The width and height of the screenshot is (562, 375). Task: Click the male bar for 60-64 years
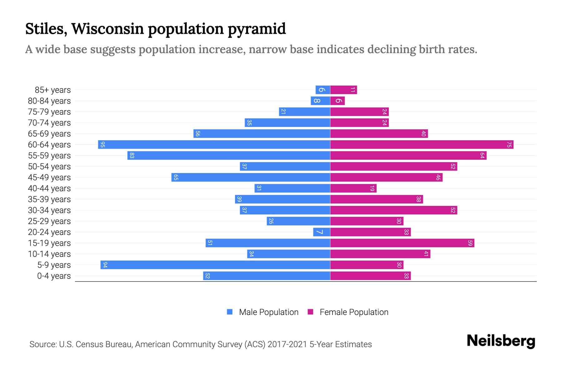click(214, 145)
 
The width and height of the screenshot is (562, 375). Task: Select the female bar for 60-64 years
click(421, 145)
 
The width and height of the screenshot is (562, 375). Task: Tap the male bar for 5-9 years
click(215, 265)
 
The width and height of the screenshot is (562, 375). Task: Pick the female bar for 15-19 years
click(402, 243)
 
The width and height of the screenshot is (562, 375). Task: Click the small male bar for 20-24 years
click(322, 232)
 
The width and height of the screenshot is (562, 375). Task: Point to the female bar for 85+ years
click(343, 90)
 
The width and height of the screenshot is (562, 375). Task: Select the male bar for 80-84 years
click(320, 101)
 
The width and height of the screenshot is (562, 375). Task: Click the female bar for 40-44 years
click(353, 188)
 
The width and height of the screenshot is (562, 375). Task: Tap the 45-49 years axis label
click(49, 177)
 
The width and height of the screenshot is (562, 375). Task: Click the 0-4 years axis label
click(54, 276)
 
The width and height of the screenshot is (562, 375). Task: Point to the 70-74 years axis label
click(49, 123)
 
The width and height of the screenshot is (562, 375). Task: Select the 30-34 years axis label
click(49, 210)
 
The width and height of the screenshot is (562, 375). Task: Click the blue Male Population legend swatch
click(230, 312)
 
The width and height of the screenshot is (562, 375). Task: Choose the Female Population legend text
click(354, 312)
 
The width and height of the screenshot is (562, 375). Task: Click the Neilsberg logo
click(501, 341)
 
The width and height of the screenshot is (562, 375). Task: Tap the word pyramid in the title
click(256, 29)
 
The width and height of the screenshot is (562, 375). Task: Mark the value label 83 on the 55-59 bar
click(132, 156)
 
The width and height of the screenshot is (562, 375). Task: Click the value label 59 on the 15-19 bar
click(470, 243)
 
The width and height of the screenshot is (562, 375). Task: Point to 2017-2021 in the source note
click(287, 344)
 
